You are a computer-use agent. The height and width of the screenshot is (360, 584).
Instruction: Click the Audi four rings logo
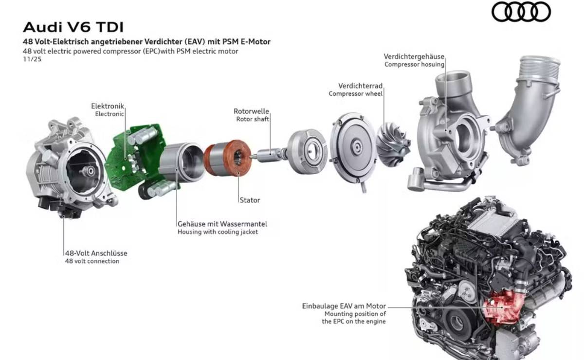[x=521, y=12]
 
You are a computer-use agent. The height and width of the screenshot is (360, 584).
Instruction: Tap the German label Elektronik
[x=108, y=106]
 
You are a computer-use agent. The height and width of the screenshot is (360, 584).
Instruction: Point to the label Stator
[x=250, y=200]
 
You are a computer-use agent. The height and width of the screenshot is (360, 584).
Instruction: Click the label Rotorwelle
[x=251, y=111]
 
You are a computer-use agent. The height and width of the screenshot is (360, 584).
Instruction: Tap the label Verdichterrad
[x=360, y=86]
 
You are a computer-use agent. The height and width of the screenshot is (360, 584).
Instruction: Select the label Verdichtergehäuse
[x=414, y=56]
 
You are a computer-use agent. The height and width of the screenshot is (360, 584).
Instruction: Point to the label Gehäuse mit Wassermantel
[x=222, y=224]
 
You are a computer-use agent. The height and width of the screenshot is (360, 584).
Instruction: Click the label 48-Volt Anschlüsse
[x=96, y=253]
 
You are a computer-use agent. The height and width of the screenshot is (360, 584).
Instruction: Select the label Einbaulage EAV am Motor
[x=344, y=306]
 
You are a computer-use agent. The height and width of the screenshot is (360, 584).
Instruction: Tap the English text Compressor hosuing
[x=414, y=64]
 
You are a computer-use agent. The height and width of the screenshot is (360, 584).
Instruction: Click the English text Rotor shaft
[x=253, y=119]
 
